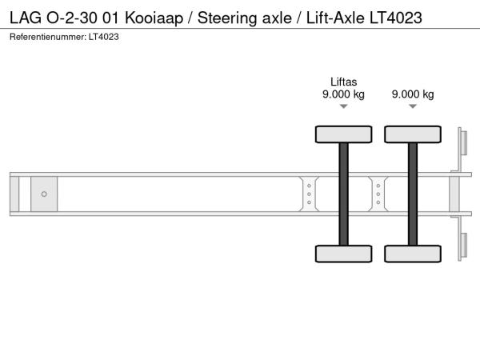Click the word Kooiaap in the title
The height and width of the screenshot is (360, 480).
[154, 18]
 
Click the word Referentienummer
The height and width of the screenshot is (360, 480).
[48, 37]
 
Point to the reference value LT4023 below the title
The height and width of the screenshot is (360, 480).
[104, 37]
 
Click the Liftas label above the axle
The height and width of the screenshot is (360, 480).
[343, 82]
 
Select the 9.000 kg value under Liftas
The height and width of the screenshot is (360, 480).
[343, 94]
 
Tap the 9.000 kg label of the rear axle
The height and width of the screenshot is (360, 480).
[413, 94]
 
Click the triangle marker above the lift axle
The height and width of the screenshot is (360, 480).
[343, 106]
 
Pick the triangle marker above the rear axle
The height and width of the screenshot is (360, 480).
[413, 106]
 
